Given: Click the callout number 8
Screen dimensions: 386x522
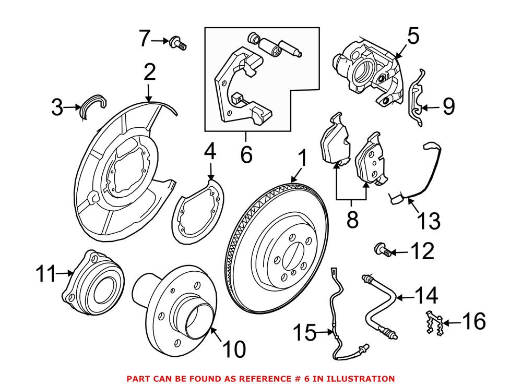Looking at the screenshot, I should (352, 220).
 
